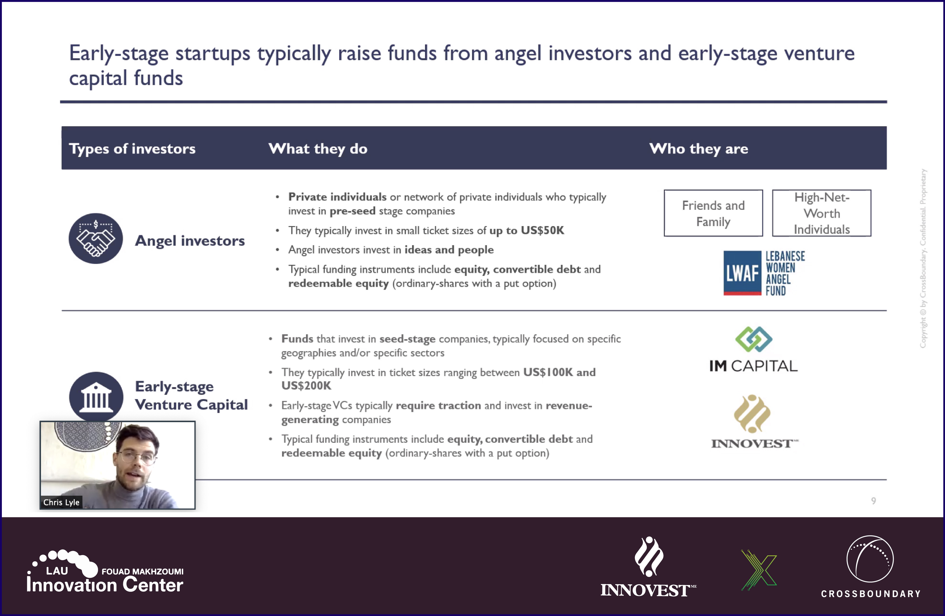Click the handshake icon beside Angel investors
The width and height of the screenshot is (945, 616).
[x=96, y=239]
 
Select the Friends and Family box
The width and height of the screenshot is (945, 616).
[x=713, y=213]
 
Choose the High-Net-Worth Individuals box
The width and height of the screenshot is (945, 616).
[x=822, y=213]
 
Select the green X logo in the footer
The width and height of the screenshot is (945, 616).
[x=759, y=570]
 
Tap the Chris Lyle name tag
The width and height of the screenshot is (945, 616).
[x=61, y=502]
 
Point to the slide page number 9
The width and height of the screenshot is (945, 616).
[x=874, y=501]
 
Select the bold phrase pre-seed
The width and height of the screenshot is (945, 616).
[x=352, y=211]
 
